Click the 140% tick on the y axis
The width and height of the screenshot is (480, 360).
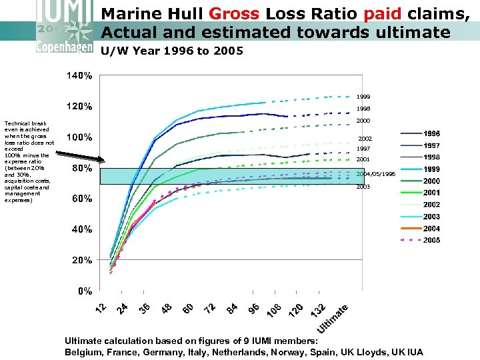coord(78,75)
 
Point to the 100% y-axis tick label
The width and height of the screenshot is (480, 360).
coord(78,137)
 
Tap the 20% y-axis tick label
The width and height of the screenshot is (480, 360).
coord(80,260)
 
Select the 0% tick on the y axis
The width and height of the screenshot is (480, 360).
coord(84,291)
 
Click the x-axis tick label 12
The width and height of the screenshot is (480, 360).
coord(101,308)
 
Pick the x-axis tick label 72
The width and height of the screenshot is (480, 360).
coord(210,308)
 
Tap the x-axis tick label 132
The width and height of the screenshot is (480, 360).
coord(319,310)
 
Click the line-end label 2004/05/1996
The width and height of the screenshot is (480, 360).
coord(375,173)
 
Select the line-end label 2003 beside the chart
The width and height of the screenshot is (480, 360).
coord(363,187)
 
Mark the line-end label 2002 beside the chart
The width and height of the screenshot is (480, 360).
coord(365,139)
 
